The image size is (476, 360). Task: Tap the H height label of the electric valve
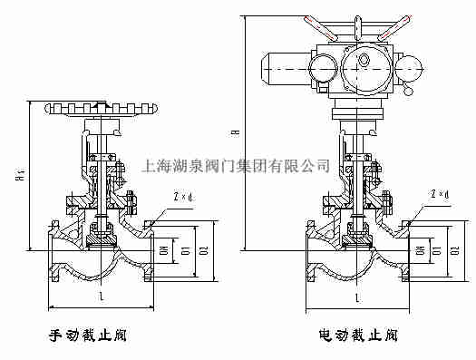coord(236,133)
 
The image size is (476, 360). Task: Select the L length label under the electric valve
coord(358,297)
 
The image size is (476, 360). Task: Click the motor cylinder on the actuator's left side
coord(282,65)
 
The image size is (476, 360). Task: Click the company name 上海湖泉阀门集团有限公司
coord(238,166)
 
